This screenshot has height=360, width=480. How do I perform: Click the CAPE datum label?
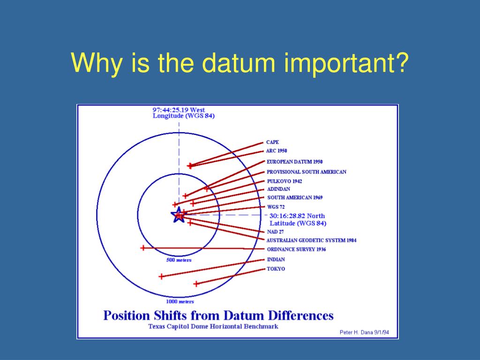point(272,142)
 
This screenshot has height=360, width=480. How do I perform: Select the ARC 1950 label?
point(277,151)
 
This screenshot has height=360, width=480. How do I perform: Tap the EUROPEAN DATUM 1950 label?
point(294,162)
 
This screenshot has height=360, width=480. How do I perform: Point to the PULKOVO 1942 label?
point(285,181)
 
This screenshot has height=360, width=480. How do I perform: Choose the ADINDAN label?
point(278,189)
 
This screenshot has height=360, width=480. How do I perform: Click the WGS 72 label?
point(276,207)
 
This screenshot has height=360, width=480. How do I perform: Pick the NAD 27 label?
point(275,232)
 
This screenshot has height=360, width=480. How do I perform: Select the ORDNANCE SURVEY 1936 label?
point(296,249)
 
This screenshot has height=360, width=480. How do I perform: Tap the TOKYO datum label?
point(276,269)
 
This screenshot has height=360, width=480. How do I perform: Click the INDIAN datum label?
point(276,260)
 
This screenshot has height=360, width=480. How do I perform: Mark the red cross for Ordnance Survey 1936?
point(143,247)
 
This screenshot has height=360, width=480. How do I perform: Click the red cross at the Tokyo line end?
point(196,284)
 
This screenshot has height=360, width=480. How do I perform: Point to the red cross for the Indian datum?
point(161,277)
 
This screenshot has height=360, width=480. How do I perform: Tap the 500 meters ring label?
point(179,260)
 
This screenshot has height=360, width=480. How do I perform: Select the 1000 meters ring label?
point(180,301)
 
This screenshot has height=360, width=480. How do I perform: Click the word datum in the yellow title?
point(239,63)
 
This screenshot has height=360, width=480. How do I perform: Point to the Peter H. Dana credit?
point(364,332)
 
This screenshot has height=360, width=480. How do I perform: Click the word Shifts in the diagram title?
point(170,315)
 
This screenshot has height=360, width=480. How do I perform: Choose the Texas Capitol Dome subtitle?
point(213,326)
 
